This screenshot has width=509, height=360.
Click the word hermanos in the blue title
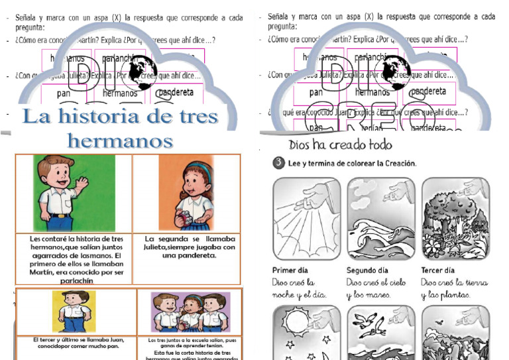click(x=120, y=141)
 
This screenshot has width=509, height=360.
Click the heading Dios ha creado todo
click(x=341, y=145)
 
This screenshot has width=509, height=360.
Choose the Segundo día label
click(x=367, y=270)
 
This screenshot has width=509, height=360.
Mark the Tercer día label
click(x=438, y=270)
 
